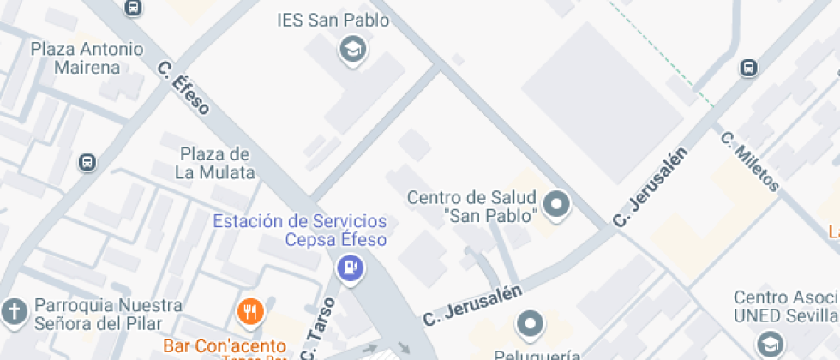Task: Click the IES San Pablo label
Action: point(333,20)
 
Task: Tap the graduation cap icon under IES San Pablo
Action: point(352,50)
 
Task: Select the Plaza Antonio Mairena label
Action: point(87,57)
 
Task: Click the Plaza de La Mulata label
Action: point(215,163)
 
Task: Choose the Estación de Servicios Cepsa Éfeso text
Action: point(299,231)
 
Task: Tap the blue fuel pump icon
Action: point(350,269)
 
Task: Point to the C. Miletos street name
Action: point(750,161)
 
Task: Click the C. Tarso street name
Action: point(316,329)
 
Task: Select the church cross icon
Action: point(15,313)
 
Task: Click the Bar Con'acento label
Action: point(225,346)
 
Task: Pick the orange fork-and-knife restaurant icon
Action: point(250,312)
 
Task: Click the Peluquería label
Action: point(537,354)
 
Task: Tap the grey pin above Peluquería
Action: point(530,324)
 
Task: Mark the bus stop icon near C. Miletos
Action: point(748,68)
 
